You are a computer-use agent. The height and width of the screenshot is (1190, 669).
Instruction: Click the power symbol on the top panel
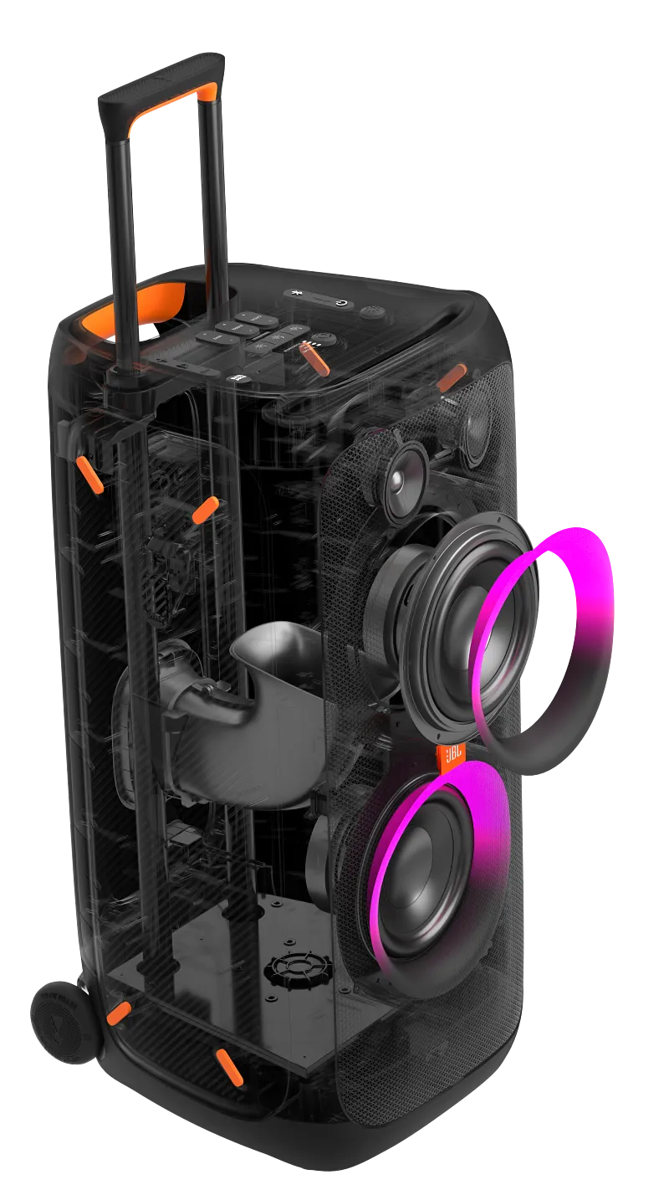[x=343, y=303]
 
